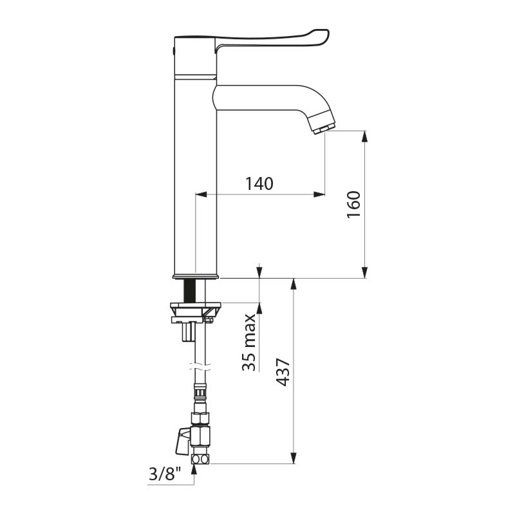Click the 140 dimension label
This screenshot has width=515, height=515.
259,183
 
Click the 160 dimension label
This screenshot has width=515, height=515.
353,205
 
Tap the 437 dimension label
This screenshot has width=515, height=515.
283,372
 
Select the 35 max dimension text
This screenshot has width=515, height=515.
248,342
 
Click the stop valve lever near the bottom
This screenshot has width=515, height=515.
183,441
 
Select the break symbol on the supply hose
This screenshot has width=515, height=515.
200,366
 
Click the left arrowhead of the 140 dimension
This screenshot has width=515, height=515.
201,194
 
